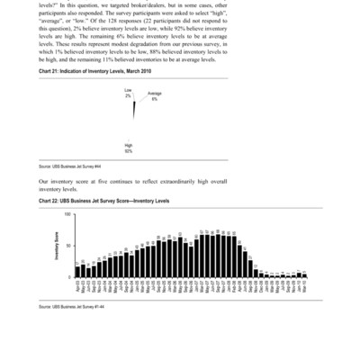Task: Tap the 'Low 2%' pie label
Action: [x=129, y=93]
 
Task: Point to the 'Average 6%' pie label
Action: [x=155, y=95]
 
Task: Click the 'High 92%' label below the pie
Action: [x=130, y=148]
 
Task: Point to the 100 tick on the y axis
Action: [x=68, y=215]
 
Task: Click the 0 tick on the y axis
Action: [x=70, y=278]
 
